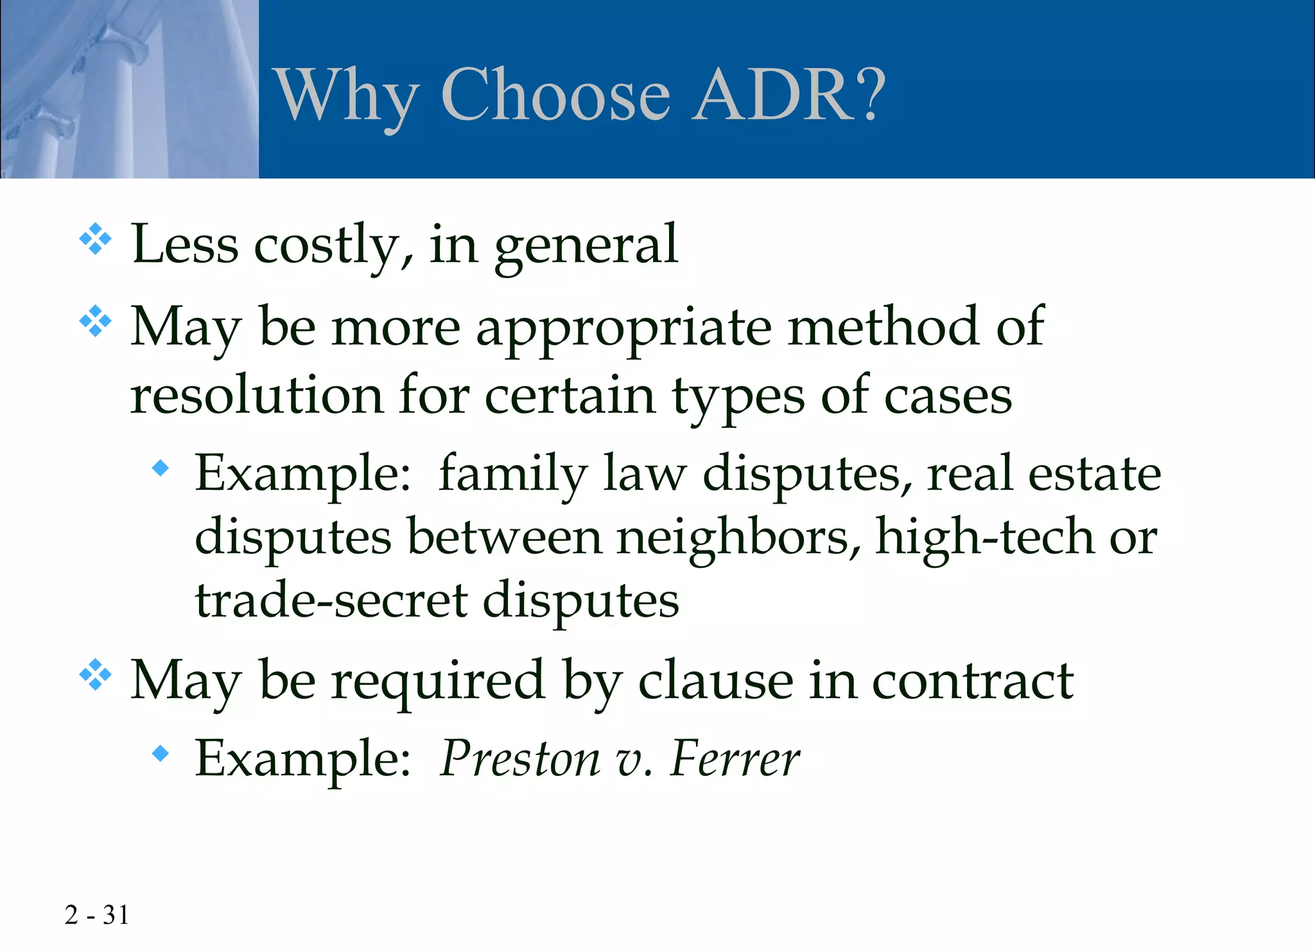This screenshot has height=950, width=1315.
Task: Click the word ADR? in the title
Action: pyautogui.click(x=790, y=95)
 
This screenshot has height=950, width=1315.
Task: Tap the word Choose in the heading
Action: pyautogui.click(x=555, y=95)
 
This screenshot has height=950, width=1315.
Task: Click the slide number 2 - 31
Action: pyautogui.click(x=96, y=915)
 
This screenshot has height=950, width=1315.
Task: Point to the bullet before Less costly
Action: pyautogui.click(x=95, y=239)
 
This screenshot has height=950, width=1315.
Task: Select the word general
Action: pyautogui.click(x=586, y=245)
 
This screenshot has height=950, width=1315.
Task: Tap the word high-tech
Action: pyautogui.click(x=984, y=538)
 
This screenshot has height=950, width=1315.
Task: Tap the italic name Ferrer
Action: pyautogui.click(x=735, y=759)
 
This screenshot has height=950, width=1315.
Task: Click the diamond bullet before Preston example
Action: pyautogui.click(x=161, y=753)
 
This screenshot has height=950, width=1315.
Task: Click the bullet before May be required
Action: pyautogui.click(x=95, y=674)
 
